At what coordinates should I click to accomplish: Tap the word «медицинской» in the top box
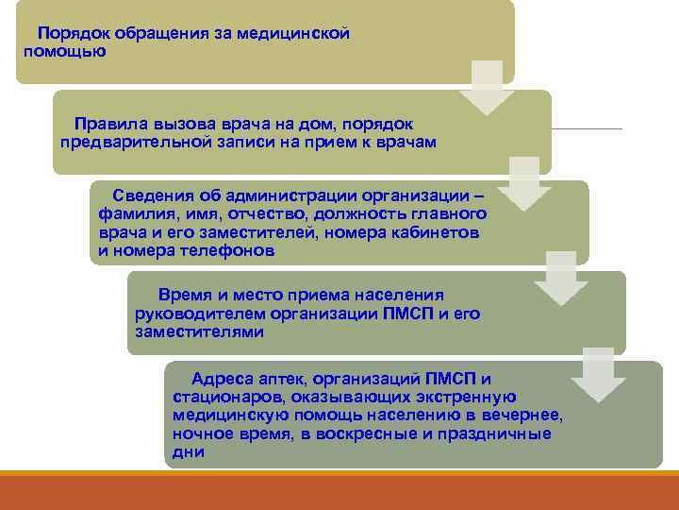294,33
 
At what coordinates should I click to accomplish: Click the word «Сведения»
154,195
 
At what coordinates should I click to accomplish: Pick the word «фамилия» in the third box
133,214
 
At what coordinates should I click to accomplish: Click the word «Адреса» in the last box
220,378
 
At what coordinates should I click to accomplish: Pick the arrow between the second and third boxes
524,183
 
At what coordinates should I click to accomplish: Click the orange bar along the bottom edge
339,493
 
